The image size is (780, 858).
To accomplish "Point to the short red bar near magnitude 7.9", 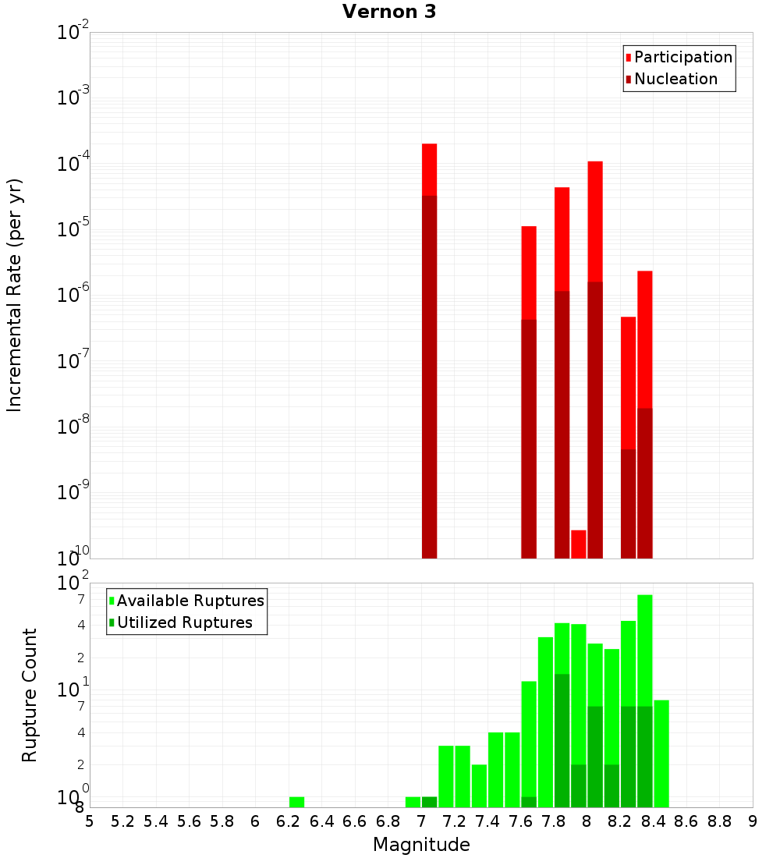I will [578, 544].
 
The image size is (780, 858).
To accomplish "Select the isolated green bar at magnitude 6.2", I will [296, 802].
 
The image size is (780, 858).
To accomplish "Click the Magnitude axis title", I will [421, 845].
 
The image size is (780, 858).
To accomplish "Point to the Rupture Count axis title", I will [30, 694].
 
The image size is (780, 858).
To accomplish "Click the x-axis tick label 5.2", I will [122, 821].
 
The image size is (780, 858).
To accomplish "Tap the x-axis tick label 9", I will [753, 821].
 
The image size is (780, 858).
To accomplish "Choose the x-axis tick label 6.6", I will [355, 821].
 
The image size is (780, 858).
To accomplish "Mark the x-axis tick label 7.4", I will [487, 821].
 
